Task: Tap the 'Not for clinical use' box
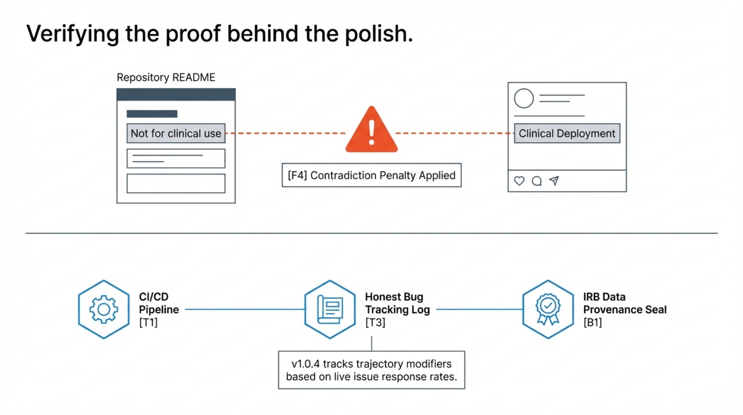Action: (176, 133)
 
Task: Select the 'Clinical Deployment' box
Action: (567, 133)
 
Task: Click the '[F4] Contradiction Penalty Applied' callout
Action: (371, 175)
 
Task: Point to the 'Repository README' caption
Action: (166, 77)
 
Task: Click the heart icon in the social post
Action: (519, 181)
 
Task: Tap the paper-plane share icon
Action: (554, 181)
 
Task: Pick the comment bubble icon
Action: (537, 181)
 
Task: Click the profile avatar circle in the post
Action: (524, 98)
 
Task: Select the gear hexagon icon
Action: (104, 309)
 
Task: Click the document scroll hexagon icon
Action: (330, 309)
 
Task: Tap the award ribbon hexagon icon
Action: (548, 309)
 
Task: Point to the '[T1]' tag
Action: (148, 323)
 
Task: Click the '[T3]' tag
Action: (375, 323)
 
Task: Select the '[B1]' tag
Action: (593, 323)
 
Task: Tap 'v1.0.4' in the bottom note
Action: (305, 364)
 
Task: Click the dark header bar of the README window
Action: (176, 94)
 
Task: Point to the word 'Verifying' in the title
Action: (73, 34)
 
